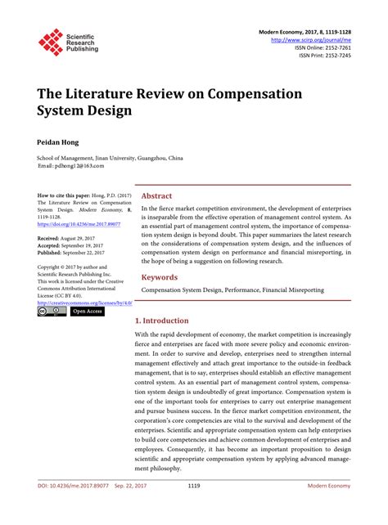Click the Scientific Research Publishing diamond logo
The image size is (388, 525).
click(x=51, y=42)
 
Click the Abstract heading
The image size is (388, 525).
click(x=157, y=196)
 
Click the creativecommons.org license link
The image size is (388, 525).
click(x=84, y=302)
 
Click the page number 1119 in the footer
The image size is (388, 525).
click(x=194, y=508)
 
